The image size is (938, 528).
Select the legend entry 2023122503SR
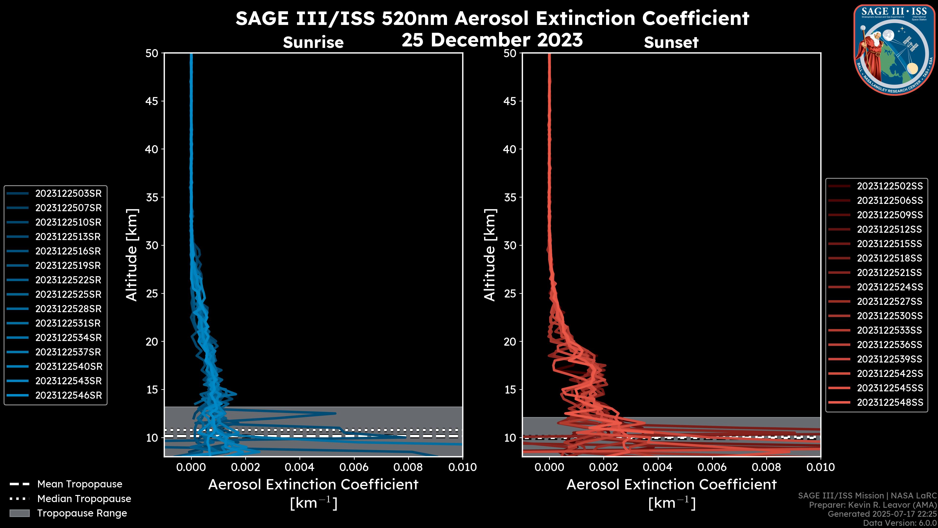point(68,194)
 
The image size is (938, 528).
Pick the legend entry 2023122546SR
point(68,395)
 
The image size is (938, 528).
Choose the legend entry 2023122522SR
point(68,280)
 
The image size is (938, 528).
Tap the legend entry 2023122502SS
point(890,186)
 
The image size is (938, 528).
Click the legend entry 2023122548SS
point(890,402)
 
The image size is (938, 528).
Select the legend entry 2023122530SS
point(890,316)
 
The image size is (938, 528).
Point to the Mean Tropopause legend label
point(79,484)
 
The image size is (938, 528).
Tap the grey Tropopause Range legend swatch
point(19,513)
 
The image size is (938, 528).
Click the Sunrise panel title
point(313,42)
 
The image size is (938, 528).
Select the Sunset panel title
point(671,42)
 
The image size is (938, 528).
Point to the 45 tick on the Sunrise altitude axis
point(152,101)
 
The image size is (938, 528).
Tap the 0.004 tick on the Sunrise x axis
point(300,467)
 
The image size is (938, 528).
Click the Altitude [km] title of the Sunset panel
point(490,255)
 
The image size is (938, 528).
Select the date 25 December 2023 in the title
point(492,40)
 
